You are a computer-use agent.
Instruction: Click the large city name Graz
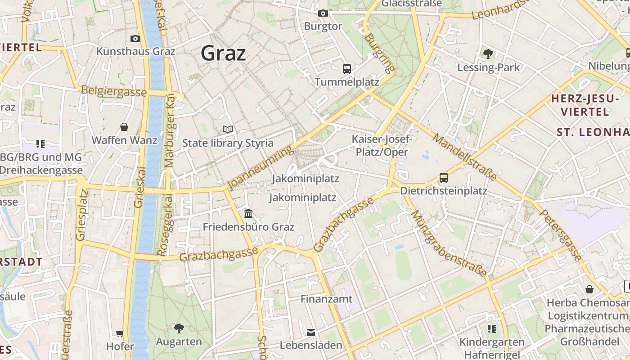click(x=223, y=53)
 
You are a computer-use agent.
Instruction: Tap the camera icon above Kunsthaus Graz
click(x=135, y=39)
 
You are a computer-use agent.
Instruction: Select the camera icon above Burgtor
click(x=323, y=13)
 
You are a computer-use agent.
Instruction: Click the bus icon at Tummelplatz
click(x=346, y=69)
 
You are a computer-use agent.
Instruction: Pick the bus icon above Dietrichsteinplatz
click(x=443, y=178)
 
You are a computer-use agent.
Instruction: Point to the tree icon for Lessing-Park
click(x=488, y=54)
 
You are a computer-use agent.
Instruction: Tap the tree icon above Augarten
click(x=179, y=328)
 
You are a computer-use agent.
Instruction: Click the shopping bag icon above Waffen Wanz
click(x=124, y=127)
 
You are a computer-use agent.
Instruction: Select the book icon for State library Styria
click(x=228, y=130)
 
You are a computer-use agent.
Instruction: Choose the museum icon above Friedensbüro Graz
click(x=248, y=213)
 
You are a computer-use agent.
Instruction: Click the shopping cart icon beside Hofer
click(x=120, y=333)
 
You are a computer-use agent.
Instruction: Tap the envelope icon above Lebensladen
click(x=311, y=333)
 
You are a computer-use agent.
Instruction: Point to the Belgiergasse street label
click(x=114, y=91)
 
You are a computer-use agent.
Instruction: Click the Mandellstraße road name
click(x=464, y=156)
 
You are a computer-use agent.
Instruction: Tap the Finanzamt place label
click(x=326, y=299)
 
